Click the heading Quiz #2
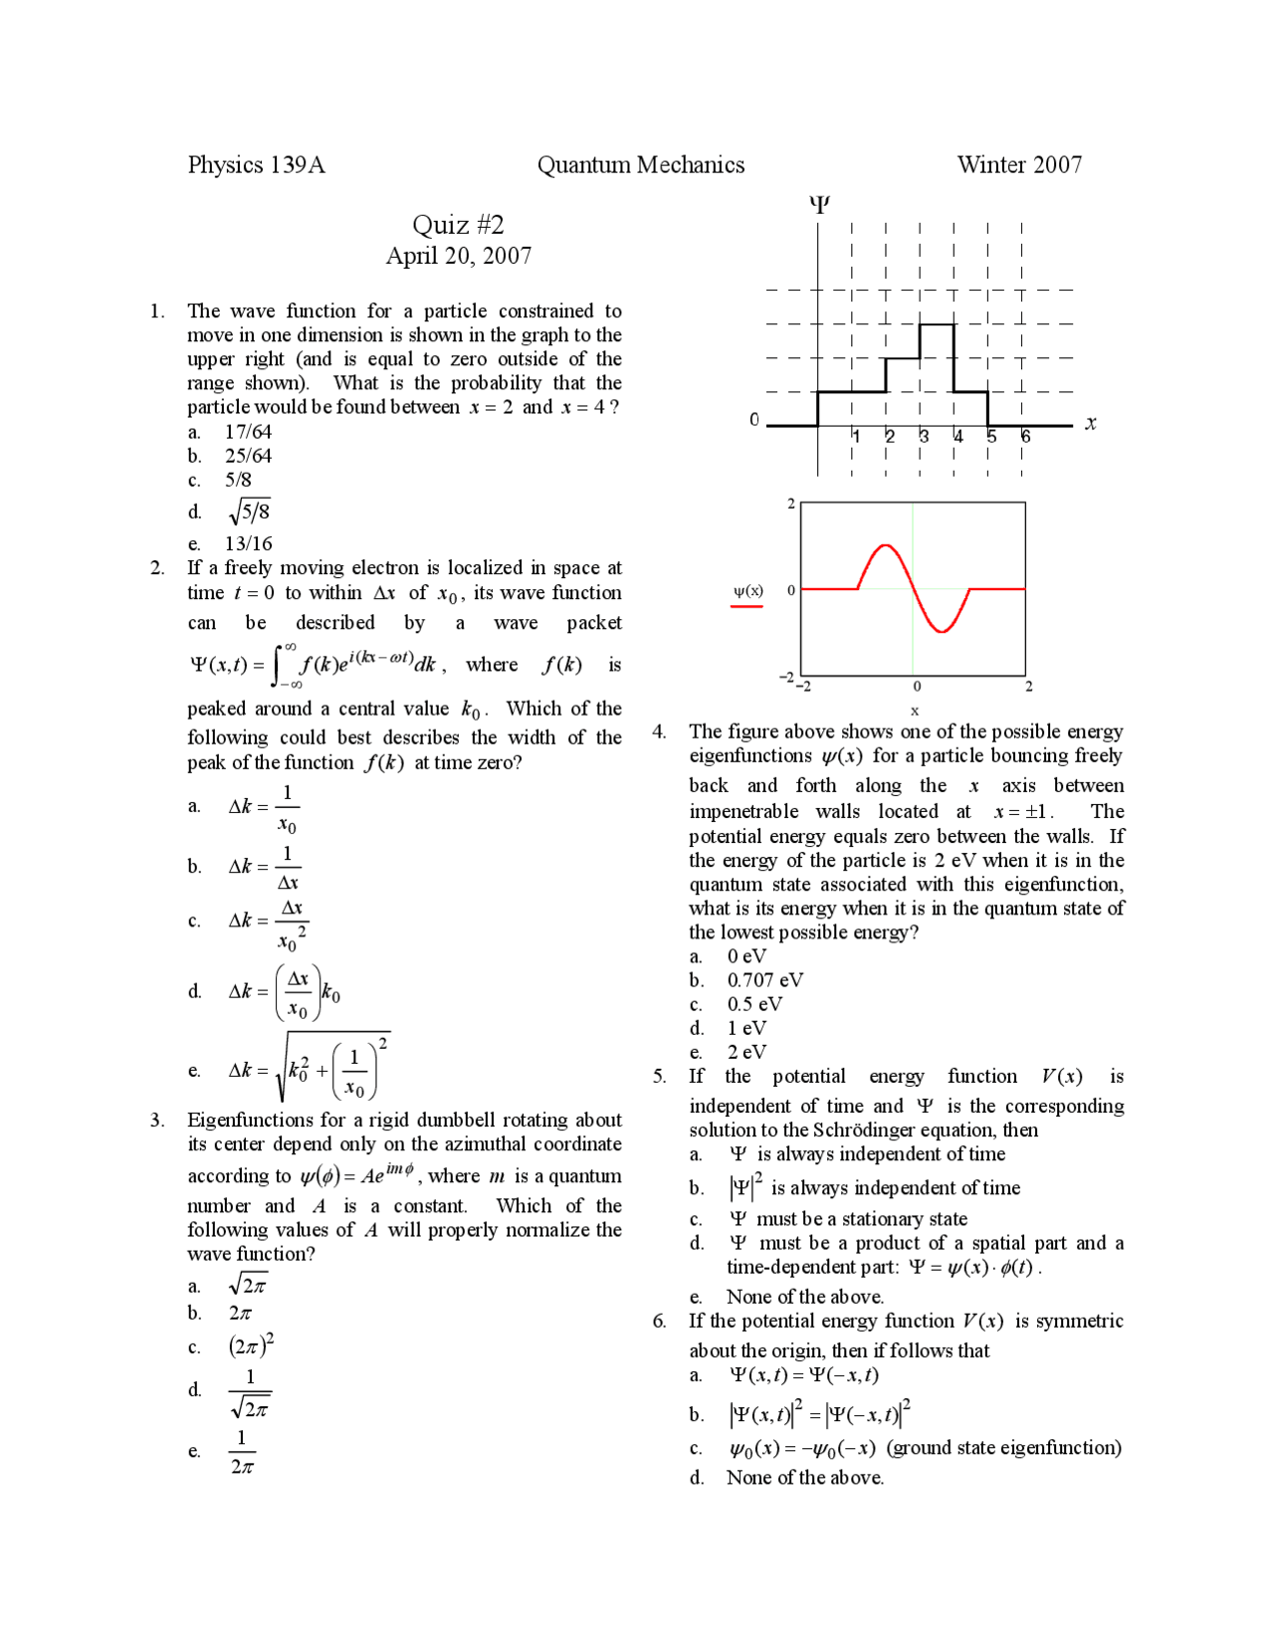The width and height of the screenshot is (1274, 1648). pyautogui.click(x=458, y=225)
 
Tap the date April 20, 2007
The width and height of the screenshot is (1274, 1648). pyautogui.click(x=458, y=257)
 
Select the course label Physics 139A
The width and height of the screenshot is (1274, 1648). pyautogui.click(x=256, y=165)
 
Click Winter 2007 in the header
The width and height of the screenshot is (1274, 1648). pyautogui.click(x=1018, y=165)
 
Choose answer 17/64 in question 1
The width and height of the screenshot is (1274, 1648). pyautogui.click(x=248, y=432)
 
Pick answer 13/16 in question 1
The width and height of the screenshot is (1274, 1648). pyautogui.click(x=248, y=543)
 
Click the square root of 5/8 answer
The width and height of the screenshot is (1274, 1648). pyautogui.click(x=249, y=512)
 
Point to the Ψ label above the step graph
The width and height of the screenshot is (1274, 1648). pyautogui.click(x=818, y=205)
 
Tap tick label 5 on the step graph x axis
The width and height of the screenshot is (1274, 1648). pyautogui.click(x=991, y=437)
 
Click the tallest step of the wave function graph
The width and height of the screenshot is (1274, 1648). pyautogui.click(x=936, y=325)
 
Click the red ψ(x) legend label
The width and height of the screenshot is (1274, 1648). pyautogui.click(x=747, y=591)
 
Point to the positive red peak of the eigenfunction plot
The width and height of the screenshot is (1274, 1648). pyautogui.click(x=883, y=546)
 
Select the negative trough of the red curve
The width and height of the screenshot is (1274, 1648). pyautogui.click(x=941, y=631)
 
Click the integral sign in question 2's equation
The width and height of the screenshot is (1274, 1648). pyautogui.click(x=283, y=665)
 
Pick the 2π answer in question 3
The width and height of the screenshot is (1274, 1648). pyautogui.click(x=240, y=1314)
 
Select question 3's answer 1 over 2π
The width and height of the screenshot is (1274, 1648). pyautogui.click(x=242, y=1452)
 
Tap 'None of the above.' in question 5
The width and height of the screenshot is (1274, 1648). pyautogui.click(x=804, y=1297)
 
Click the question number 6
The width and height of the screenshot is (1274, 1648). pyautogui.click(x=659, y=1322)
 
